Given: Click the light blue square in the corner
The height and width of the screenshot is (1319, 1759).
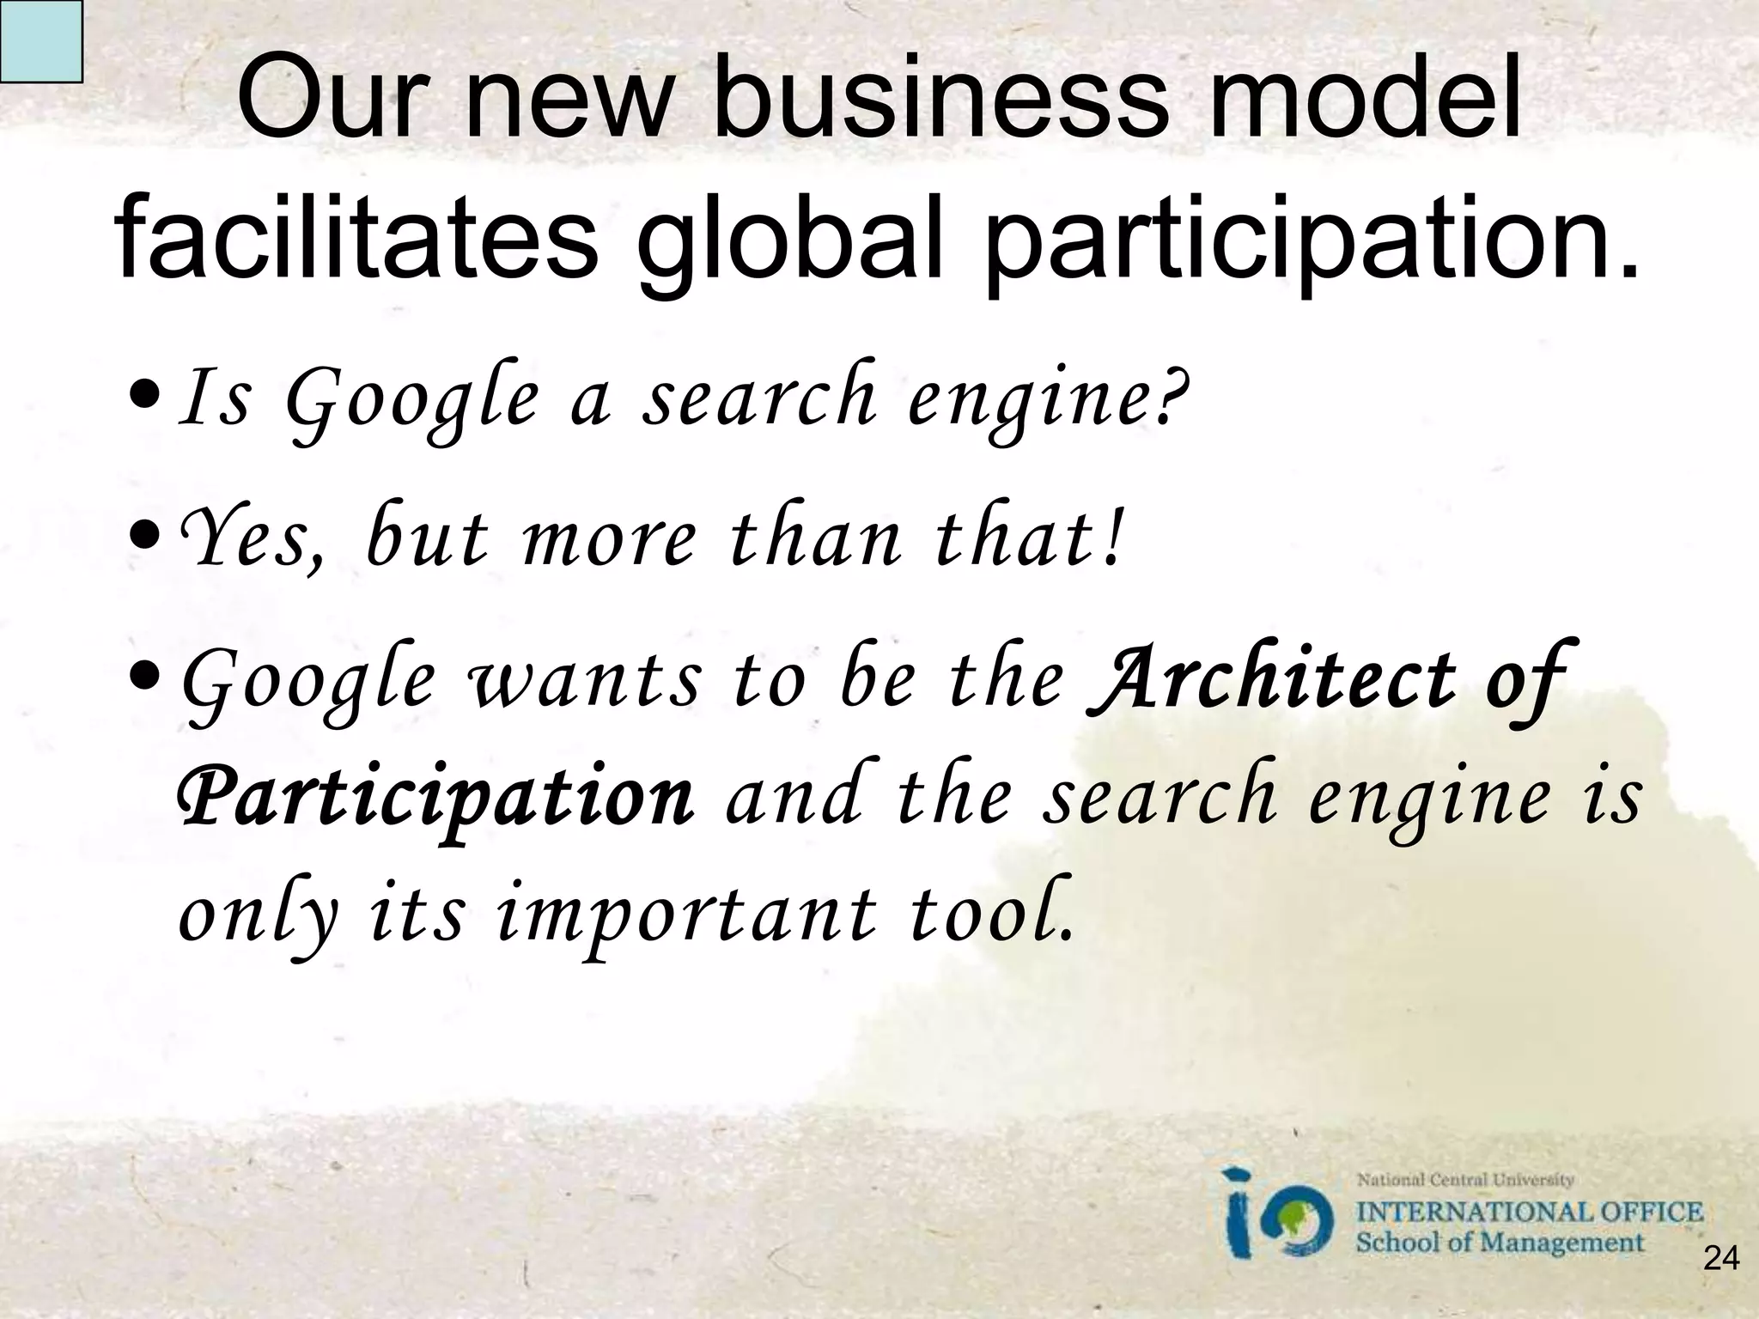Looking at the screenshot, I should [40, 40].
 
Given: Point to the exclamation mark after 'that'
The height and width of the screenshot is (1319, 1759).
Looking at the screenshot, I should [1113, 538].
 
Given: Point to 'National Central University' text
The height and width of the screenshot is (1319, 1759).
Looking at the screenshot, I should [1464, 1181].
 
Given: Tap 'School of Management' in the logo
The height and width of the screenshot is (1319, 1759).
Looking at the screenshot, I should [1500, 1243].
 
